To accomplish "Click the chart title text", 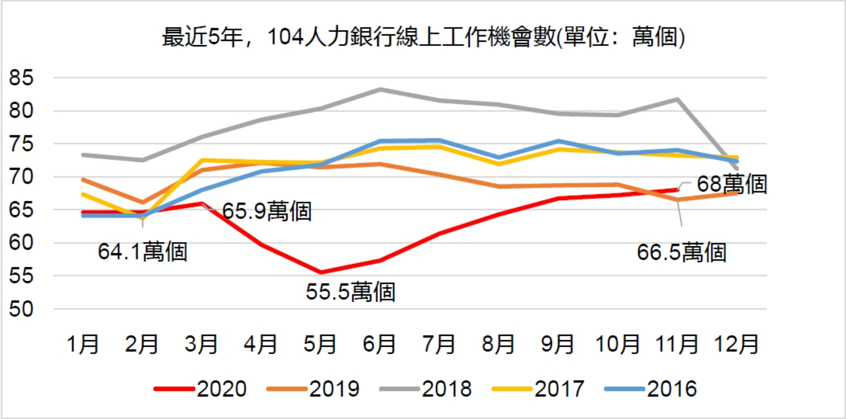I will [x=423, y=40].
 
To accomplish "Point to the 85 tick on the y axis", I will [x=23, y=78].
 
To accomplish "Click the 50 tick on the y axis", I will [x=23, y=309].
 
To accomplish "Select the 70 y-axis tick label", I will [x=23, y=177].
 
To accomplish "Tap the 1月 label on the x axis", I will [x=84, y=345].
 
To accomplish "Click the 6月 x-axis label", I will [x=381, y=345].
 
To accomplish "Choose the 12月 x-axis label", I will [x=737, y=345].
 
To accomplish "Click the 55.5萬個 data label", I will [x=351, y=292].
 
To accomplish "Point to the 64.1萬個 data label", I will [x=143, y=252].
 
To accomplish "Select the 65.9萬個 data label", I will [x=267, y=212].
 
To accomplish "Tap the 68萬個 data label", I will [x=731, y=185].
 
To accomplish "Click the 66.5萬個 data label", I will [x=682, y=253].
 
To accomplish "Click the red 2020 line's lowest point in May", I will [x=321, y=272].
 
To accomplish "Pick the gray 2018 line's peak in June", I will [x=381, y=89].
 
